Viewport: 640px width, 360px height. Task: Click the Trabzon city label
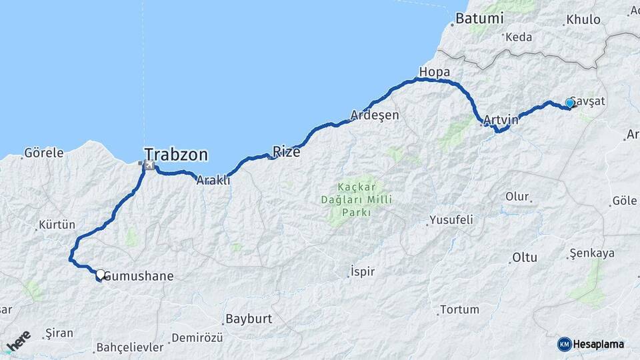[176, 155]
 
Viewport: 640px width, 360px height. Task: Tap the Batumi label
[480, 18]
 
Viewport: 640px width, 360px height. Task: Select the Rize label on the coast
[287, 151]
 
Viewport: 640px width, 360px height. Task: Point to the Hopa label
[435, 72]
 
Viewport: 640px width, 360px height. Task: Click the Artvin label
[501, 120]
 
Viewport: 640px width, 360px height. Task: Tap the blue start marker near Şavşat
[569, 103]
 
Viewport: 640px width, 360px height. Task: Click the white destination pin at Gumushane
[100, 274]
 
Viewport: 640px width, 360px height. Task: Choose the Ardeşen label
[375, 115]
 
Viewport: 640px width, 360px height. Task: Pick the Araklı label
[213, 180]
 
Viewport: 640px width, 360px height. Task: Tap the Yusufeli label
[451, 219]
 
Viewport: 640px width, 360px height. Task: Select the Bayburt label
[249, 319]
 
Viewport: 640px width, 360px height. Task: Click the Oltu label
[525, 257]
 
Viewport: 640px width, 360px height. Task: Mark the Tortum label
[459, 309]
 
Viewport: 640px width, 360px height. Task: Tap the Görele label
[43, 153]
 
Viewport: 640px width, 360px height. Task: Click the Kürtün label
[57, 225]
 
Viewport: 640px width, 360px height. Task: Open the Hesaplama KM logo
[591, 344]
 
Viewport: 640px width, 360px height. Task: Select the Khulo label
[584, 20]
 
